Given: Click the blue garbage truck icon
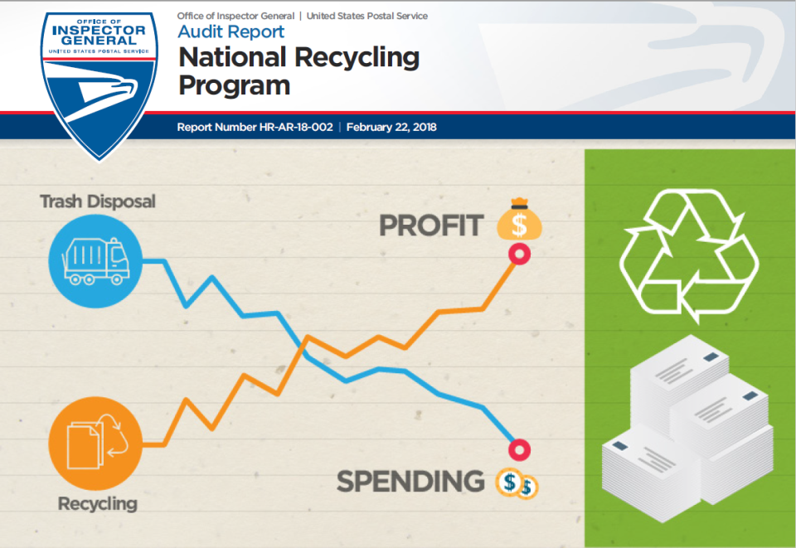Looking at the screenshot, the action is (95, 261).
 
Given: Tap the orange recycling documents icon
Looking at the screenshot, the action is (95, 444).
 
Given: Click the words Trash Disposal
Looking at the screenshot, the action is (98, 201).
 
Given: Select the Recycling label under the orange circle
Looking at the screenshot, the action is (98, 504).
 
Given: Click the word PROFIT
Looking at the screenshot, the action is (431, 226).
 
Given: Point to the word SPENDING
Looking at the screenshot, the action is (410, 481).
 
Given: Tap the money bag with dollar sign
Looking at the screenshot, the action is (519, 219).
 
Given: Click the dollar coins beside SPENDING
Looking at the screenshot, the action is (517, 483).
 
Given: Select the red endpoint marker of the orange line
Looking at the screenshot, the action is (519, 254).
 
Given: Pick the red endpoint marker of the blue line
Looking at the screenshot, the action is (519, 449).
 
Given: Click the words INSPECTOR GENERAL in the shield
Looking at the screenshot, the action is (99, 35).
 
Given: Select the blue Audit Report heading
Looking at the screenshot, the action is (231, 32).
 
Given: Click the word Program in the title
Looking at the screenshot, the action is (234, 85).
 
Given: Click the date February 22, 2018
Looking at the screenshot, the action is (391, 127).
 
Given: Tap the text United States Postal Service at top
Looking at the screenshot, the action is (367, 16).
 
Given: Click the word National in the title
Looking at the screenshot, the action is (232, 57).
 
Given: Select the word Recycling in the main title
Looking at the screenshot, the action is (357, 58).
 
